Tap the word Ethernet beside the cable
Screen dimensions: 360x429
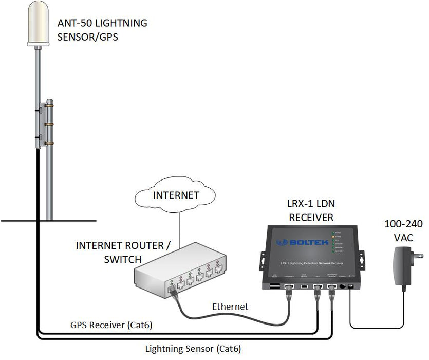click(x=230, y=307)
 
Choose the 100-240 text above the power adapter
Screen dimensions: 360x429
click(x=404, y=224)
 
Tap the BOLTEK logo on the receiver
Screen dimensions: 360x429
click(x=295, y=242)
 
